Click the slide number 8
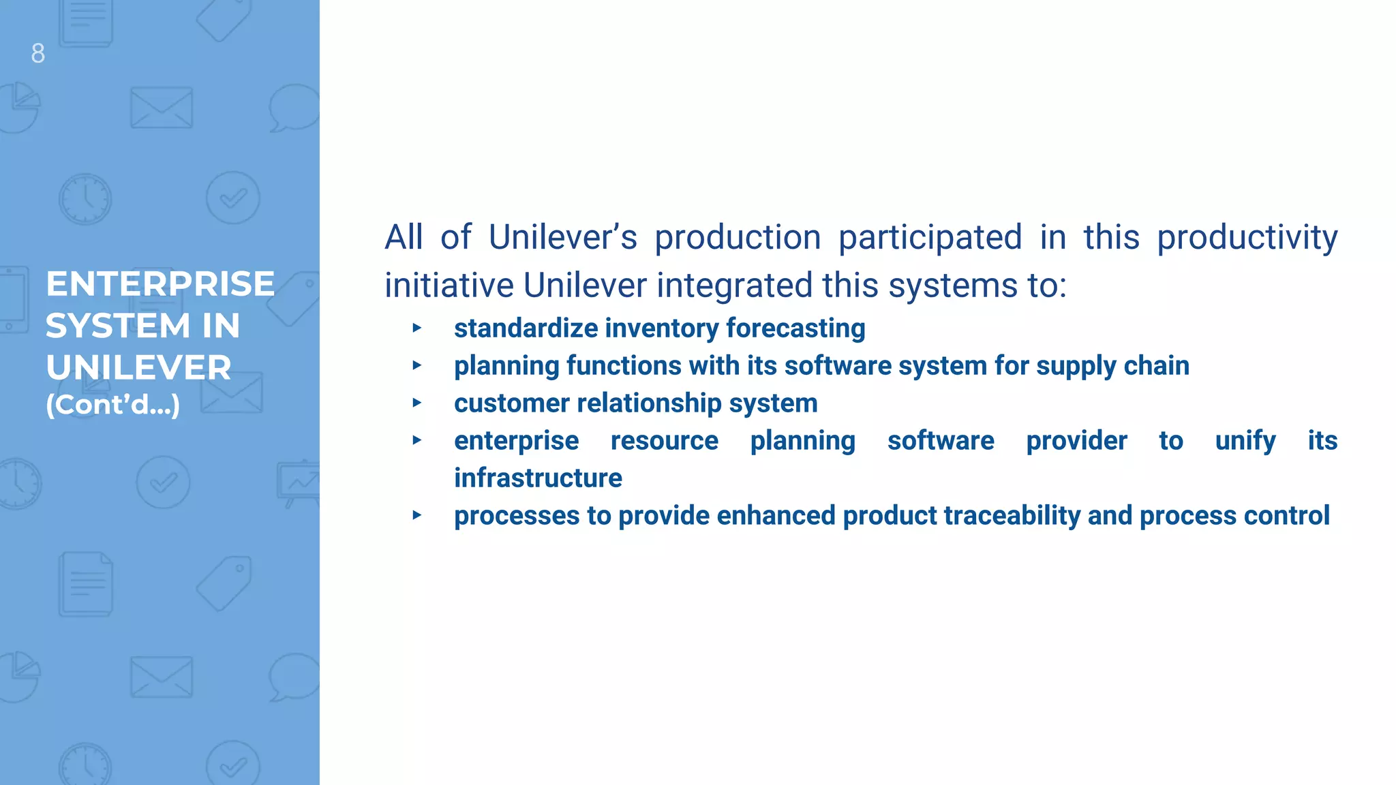pyautogui.click(x=38, y=53)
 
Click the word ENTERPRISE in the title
pyautogui.click(x=160, y=283)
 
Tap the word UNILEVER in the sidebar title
pyautogui.click(x=138, y=368)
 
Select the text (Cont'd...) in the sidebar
pyautogui.click(x=113, y=405)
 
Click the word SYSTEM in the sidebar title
pyautogui.click(x=117, y=326)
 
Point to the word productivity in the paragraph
pyautogui.click(x=1247, y=238)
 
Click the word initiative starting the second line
pyautogui.click(x=449, y=285)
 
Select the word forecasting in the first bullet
pyautogui.click(x=795, y=328)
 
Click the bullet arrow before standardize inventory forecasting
pyautogui.click(x=417, y=328)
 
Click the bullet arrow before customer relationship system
pyautogui.click(x=417, y=403)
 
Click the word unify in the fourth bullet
pyautogui.click(x=1245, y=441)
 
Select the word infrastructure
pyautogui.click(x=538, y=478)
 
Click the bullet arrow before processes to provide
pyautogui.click(x=417, y=516)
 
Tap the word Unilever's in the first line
pyautogui.click(x=562, y=238)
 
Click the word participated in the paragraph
pyautogui.click(x=930, y=238)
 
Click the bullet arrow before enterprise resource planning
pyautogui.click(x=417, y=441)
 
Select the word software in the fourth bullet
pyautogui.click(x=940, y=441)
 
